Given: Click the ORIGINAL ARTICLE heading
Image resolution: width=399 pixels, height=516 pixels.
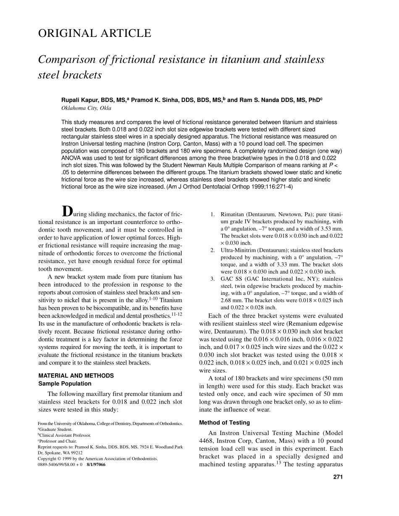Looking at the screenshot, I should click(x=94, y=34).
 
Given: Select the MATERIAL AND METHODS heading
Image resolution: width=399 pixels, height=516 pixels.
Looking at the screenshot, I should click(x=76, y=376).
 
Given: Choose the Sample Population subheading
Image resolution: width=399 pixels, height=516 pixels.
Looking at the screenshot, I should click(x=65, y=383).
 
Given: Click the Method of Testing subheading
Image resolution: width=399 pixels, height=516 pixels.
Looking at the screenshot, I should click(x=224, y=422).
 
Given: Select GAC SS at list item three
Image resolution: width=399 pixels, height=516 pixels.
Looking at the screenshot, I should click(x=232, y=279).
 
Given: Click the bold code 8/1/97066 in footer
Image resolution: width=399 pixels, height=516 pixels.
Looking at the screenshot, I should click(x=96, y=465).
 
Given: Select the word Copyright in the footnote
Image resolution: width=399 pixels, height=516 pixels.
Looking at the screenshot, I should click(x=47, y=459).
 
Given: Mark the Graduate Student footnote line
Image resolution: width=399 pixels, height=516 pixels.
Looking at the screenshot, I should click(x=56, y=430).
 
